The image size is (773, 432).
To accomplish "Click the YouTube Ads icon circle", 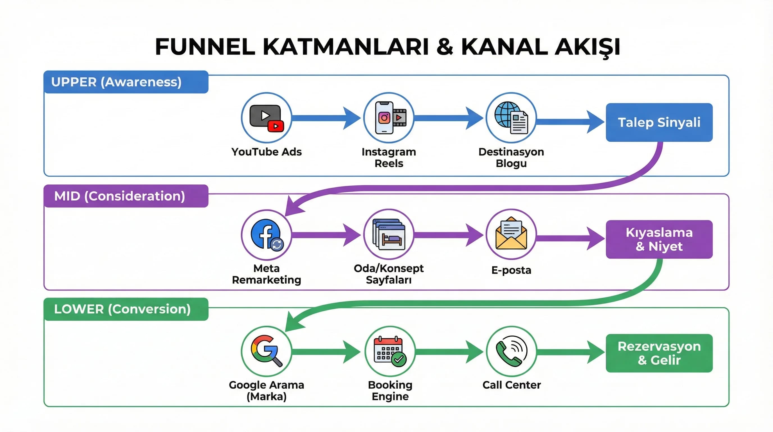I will pyautogui.click(x=266, y=118).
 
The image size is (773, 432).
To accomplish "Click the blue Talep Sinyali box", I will pyautogui.click(x=659, y=122).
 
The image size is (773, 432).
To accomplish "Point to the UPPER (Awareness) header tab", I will pyautogui.click(x=126, y=82).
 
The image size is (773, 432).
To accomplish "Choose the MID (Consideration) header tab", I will pyautogui.click(x=126, y=196).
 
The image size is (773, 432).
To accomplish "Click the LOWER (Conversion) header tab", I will pyautogui.click(x=126, y=309).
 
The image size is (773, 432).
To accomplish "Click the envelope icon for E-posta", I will pyautogui.click(x=511, y=234).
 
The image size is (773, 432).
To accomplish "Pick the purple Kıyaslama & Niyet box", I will pyautogui.click(x=659, y=239).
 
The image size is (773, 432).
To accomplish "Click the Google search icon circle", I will pyautogui.click(x=266, y=351).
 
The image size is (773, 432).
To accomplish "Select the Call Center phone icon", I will pyautogui.click(x=511, y=351).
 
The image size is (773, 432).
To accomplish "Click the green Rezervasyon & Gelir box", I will pyautogui.click(x=659, y=353).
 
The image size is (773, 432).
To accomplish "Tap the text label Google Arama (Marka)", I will pyautogui.click(x=266, y=391).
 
